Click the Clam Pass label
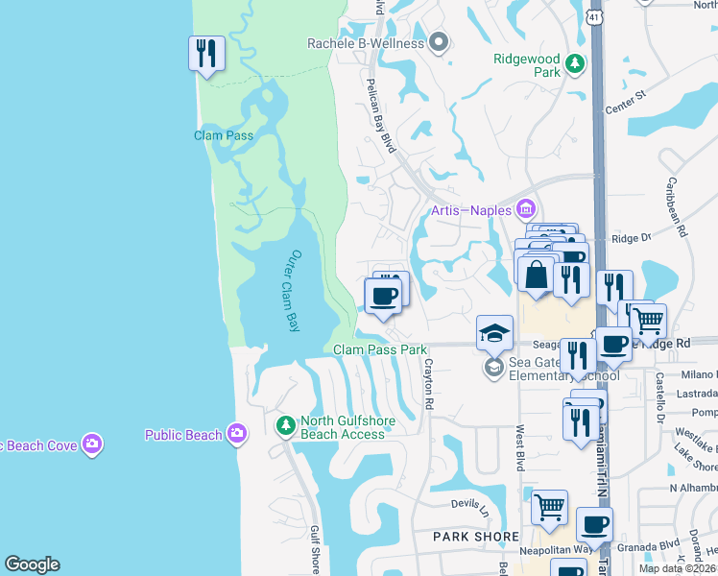click(x=224, y=135)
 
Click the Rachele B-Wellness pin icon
click(x=440, y=43)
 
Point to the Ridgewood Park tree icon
click(x=575, y=64)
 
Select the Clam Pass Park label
click(x=380, y=350)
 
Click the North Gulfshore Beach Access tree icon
click(x=285, y=424)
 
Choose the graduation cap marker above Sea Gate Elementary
click(x=494, y=332)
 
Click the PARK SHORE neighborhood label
click(x=476, y=537)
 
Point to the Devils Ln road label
click(x=471, y=503)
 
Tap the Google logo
click(x=32, y=564)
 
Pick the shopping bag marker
click(x=537, y=276)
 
